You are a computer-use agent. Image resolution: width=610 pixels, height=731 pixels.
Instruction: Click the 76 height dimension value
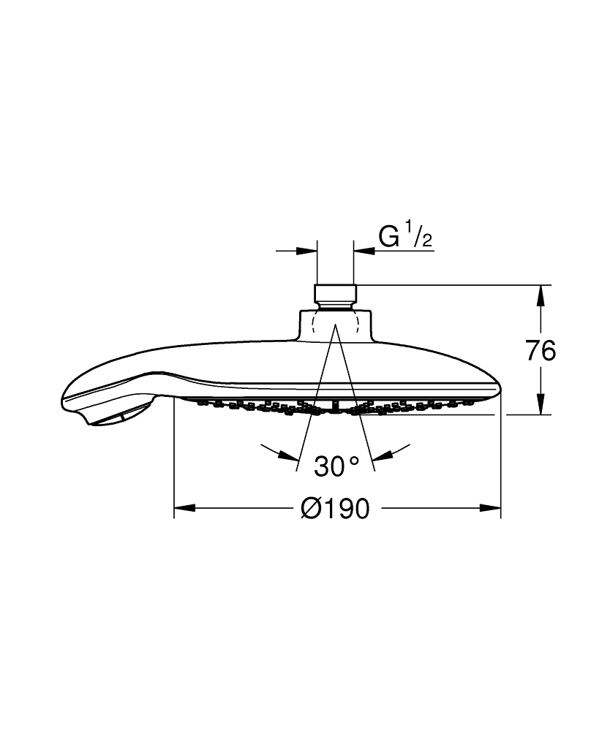point(541,350)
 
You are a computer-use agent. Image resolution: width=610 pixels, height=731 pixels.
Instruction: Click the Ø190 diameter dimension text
point(335,508)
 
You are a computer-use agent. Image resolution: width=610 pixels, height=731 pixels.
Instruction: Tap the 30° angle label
point(336,466)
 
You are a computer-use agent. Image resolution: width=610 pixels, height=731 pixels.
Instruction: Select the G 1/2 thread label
point(405,236)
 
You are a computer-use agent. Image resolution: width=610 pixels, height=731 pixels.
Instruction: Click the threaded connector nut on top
point(335,297)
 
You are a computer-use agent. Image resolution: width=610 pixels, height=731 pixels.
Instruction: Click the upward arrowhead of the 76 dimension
point(541,295)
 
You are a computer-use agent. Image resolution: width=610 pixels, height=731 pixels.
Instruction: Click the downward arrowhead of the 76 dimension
point(541,404)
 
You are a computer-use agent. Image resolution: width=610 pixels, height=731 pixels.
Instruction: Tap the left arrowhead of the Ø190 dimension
point(184,508)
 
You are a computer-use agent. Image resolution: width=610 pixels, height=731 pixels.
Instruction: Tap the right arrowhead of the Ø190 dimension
point(490,508)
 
